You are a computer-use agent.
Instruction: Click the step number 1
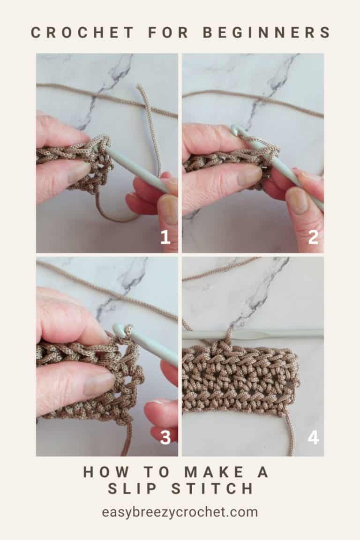(x=165, y=237)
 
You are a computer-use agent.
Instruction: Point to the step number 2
(x=313, y=237)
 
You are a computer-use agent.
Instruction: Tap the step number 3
(x=165, y=437)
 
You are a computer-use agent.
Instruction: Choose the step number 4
(x=313, y=437)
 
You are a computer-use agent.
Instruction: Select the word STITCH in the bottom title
(x=211, y=488)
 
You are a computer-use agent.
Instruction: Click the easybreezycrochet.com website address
(x=180, y=512)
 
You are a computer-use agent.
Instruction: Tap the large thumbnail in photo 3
(x=96, y=384)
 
